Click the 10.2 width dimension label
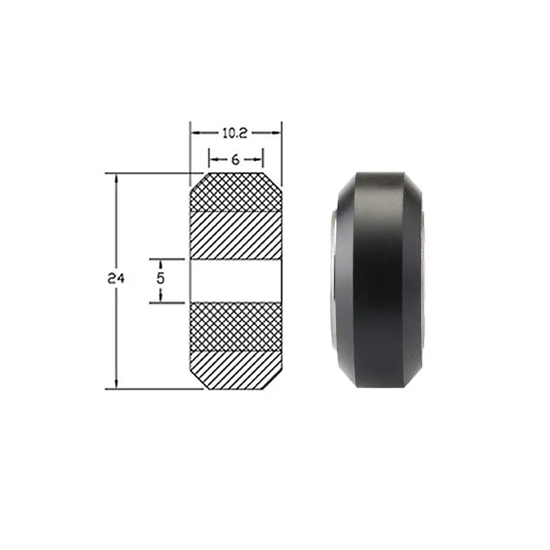235,133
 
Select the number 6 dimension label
235,159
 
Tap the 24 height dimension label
116,279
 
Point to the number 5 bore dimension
160,279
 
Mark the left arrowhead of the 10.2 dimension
195,133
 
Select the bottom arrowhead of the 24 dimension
116,384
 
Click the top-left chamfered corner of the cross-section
197,182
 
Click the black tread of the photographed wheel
380,280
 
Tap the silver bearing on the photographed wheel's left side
333,280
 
